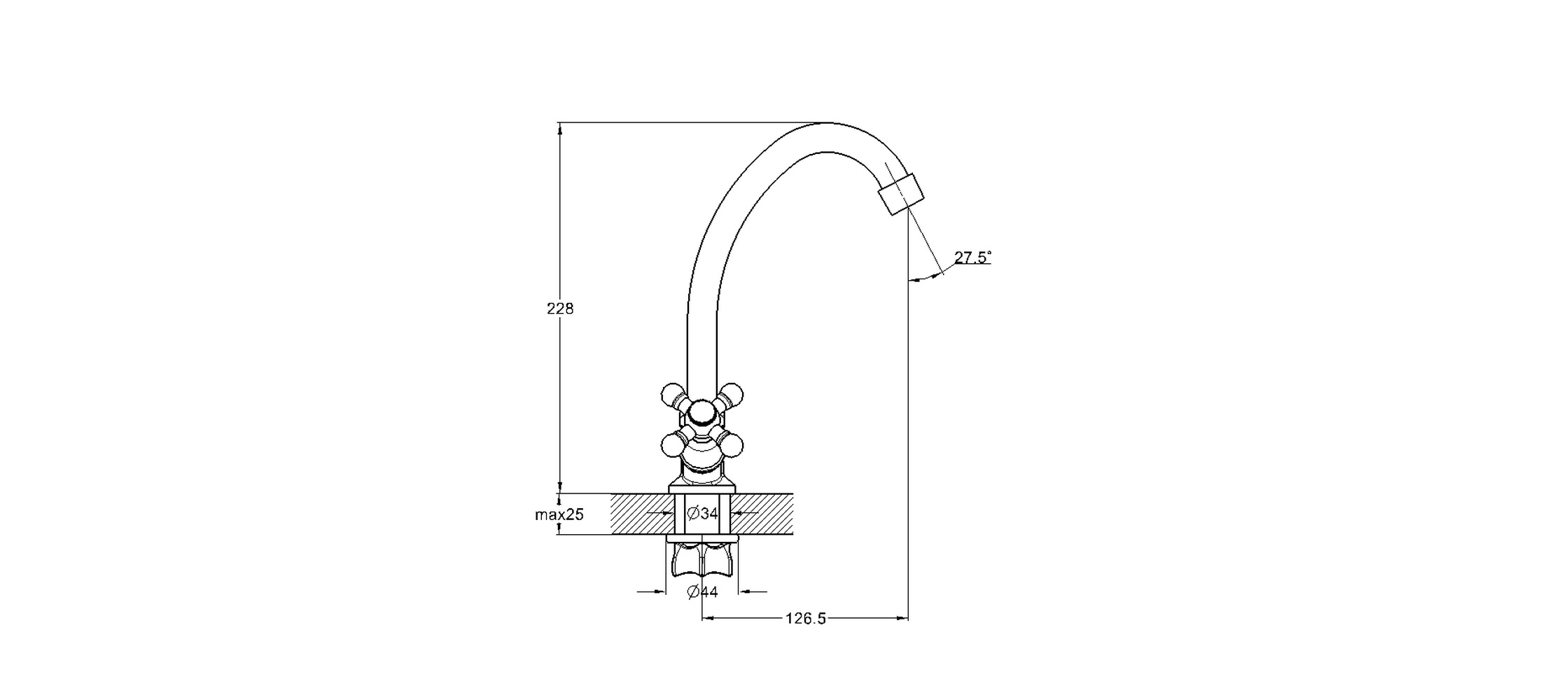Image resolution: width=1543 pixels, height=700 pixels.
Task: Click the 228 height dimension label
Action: point(560,309)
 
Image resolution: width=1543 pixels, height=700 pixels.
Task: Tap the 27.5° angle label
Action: point(972,258)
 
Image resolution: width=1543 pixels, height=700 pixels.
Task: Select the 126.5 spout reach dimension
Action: point(806,619)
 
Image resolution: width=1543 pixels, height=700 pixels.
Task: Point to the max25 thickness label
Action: point(559,515)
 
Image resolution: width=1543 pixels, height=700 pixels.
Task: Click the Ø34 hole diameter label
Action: point(703,514)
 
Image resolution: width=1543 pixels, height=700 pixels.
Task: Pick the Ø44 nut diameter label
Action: point(703,592)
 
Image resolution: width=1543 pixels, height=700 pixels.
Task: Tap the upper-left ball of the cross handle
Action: point(673,394)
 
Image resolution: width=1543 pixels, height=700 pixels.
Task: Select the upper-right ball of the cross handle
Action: point(732,394)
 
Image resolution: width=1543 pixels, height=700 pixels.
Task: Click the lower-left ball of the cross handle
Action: point(673,444)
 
